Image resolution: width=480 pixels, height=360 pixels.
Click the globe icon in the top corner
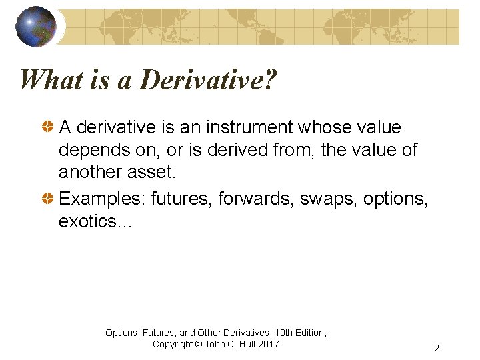pyautogui.click(x=36, y=26)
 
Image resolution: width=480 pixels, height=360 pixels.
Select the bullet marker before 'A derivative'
pyautogui.click(x=49, y=127)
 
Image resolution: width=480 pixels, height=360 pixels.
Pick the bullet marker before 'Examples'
pyautogui.click(x=49, y=198)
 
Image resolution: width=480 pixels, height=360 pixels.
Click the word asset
pyautogui.click(x=155, y=173)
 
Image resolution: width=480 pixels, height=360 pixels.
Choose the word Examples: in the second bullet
pyautogui.click(x=102, y=198)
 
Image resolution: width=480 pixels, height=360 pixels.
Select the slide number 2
pyautogui.click(x=436, y=348)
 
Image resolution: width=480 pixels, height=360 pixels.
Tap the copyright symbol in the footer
pyautogui.click(x=198, y=344)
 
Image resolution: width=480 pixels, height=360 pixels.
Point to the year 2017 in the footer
pyautogui.click(x=268, y=344)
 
